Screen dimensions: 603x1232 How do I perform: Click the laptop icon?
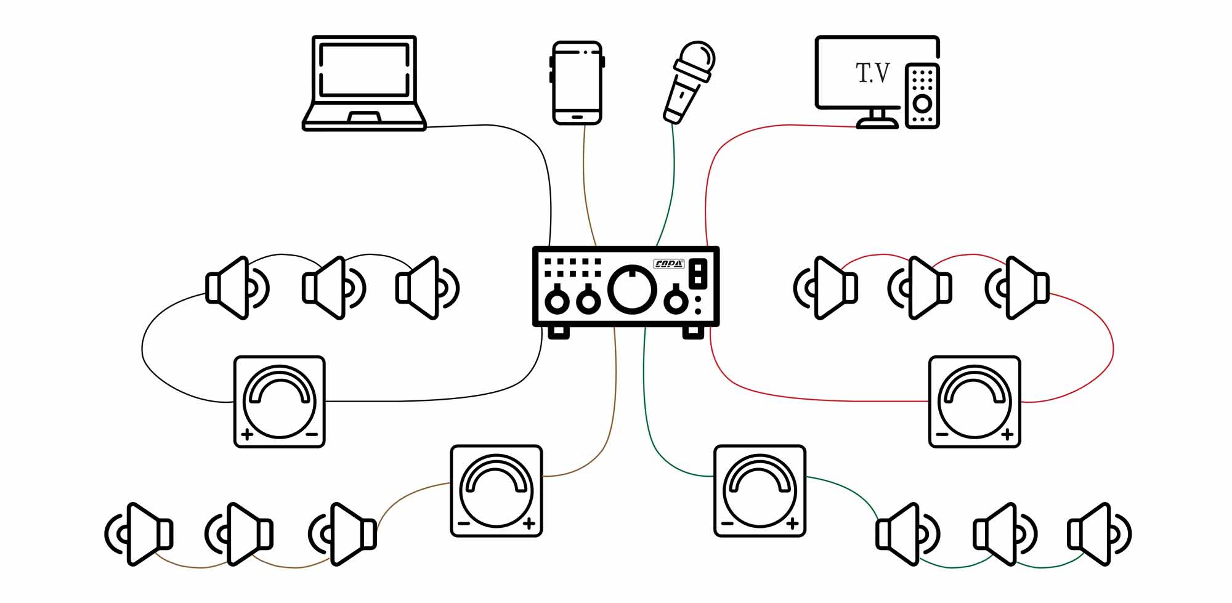[x=364, y=83]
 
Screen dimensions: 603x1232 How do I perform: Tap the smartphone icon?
[x=577, y=83]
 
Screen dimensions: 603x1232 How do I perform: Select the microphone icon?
[x=689, y=82]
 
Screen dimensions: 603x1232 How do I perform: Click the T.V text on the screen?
[x=873, y=73]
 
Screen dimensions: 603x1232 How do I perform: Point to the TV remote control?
[x=922, y=95]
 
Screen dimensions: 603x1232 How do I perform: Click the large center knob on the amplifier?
[x=632, y=288]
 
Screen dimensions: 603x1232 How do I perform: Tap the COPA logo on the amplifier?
[x=669, y=264]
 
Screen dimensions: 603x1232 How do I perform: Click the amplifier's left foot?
[x=559, y=332]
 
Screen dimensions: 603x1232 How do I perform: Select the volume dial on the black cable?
[x=280, y=402]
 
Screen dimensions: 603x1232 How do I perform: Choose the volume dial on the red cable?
[x=975, y=402]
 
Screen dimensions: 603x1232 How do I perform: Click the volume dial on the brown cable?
[x=496, y=491]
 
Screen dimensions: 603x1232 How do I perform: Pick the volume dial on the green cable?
[x=760, y=491]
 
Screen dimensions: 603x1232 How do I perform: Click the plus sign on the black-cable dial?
[x=248, y=434]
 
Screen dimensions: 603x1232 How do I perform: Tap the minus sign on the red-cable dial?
[x=942, y=434]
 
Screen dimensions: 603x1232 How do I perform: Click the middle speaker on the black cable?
[x=331, y=288]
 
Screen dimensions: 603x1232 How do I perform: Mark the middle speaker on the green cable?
[x=1002, y=534]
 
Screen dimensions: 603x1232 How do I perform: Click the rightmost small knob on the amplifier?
[x=676, y=301]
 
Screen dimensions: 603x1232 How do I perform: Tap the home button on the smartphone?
[x=577, y=116]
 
